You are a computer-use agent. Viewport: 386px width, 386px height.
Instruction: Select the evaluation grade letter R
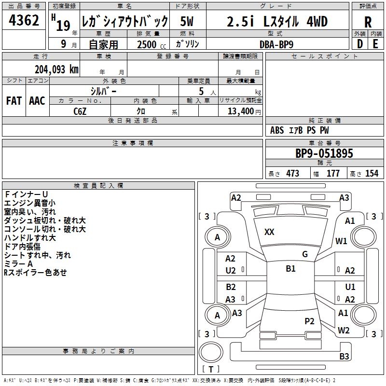[x=368, y=22]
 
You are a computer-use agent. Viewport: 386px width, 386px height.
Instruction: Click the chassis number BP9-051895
[x=324, y=153]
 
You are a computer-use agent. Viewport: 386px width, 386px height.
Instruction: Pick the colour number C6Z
[x=80, y=110]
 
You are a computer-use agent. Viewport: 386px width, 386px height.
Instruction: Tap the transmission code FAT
[x=14, y=101]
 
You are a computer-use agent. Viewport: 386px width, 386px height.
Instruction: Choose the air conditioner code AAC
[x=37, y=101]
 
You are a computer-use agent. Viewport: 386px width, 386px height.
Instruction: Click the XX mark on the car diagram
[x=269, y=232]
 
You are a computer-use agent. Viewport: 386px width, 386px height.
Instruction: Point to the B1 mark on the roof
[x=290, y=269]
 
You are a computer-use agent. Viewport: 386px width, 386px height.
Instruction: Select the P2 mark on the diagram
[x=309, y=321]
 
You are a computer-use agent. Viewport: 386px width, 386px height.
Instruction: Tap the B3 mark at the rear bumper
[x=344, y=357]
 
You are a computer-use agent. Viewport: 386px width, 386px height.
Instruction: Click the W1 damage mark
[x=342, y=241]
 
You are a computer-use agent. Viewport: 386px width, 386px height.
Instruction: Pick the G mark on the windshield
[x=304, y=254]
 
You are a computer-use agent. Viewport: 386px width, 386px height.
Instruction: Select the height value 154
[x=372, y=174]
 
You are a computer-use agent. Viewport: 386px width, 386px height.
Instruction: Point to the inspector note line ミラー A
[x=18, y=264]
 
